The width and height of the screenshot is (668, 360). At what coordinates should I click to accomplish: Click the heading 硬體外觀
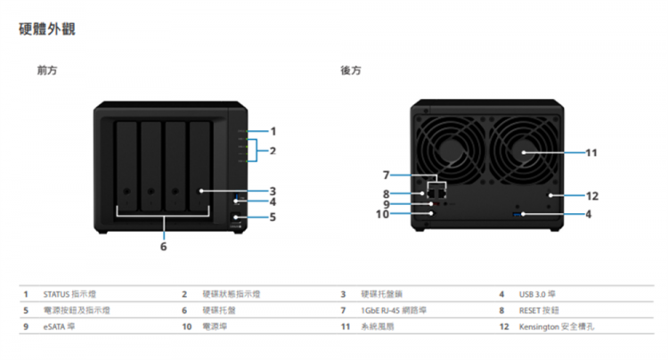coord(47,30)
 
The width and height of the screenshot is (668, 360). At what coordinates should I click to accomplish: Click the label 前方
coord(47,70)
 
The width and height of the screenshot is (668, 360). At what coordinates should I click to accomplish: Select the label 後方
coord(350,70)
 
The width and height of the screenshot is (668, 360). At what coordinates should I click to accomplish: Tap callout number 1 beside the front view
coord(273,132)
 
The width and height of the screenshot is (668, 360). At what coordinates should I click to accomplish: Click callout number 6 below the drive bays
coord(163,246)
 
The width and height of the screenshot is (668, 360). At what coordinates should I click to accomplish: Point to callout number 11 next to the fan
coord(591,153)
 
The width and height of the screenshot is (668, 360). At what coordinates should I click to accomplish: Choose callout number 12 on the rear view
coord(591,195)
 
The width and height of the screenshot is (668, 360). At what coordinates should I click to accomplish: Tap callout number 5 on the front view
coord(273,217)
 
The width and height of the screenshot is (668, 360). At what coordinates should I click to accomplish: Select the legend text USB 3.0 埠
coord(539,293)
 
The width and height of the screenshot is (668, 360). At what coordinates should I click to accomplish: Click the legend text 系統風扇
coord(377,327)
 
